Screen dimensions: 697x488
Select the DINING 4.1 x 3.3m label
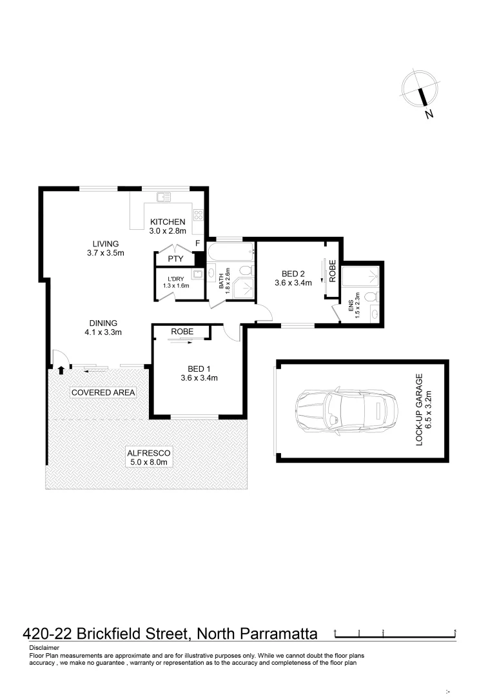point(103,328)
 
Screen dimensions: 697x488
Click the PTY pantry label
point(175,259)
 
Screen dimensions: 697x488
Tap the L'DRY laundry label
point(171,281)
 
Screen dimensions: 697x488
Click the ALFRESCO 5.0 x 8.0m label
point(147,457)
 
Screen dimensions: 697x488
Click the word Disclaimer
point(44,647)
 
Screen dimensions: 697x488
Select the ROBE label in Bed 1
point(182,331)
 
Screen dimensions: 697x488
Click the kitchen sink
point(162,197)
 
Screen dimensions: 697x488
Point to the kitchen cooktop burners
point(199,216)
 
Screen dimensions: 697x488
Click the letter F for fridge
point(197,243)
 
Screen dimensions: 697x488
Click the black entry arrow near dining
point(61,370)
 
